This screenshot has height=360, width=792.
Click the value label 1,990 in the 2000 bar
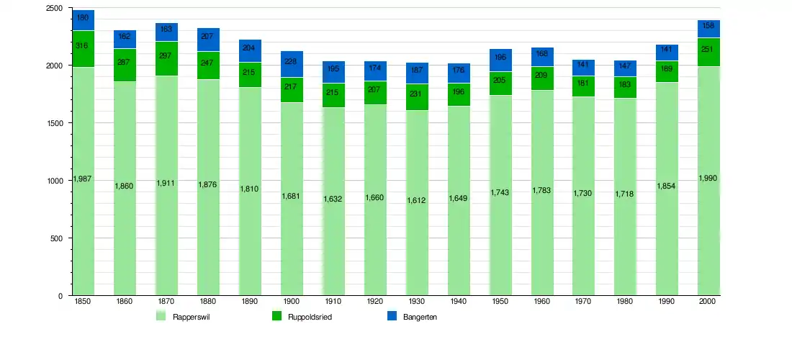point(709,178)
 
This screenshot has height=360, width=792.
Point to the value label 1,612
point(417,200)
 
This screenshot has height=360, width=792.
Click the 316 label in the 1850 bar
point(82,46)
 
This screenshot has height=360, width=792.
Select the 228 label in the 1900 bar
point(292,61)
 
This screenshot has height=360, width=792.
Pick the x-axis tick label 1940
point(459,302)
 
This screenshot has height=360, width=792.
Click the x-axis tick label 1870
point(166,302)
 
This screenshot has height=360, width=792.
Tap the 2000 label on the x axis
point(708,302)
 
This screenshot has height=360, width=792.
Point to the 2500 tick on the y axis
point(54,8)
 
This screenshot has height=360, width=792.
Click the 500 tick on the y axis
point(56,238)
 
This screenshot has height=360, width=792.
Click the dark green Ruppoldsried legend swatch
point(276,316)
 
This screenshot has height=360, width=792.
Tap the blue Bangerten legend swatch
point(392,316)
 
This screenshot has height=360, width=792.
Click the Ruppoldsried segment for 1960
point(542,78)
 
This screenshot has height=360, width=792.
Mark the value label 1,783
point(542,190)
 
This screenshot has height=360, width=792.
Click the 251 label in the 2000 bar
point(709,49)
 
